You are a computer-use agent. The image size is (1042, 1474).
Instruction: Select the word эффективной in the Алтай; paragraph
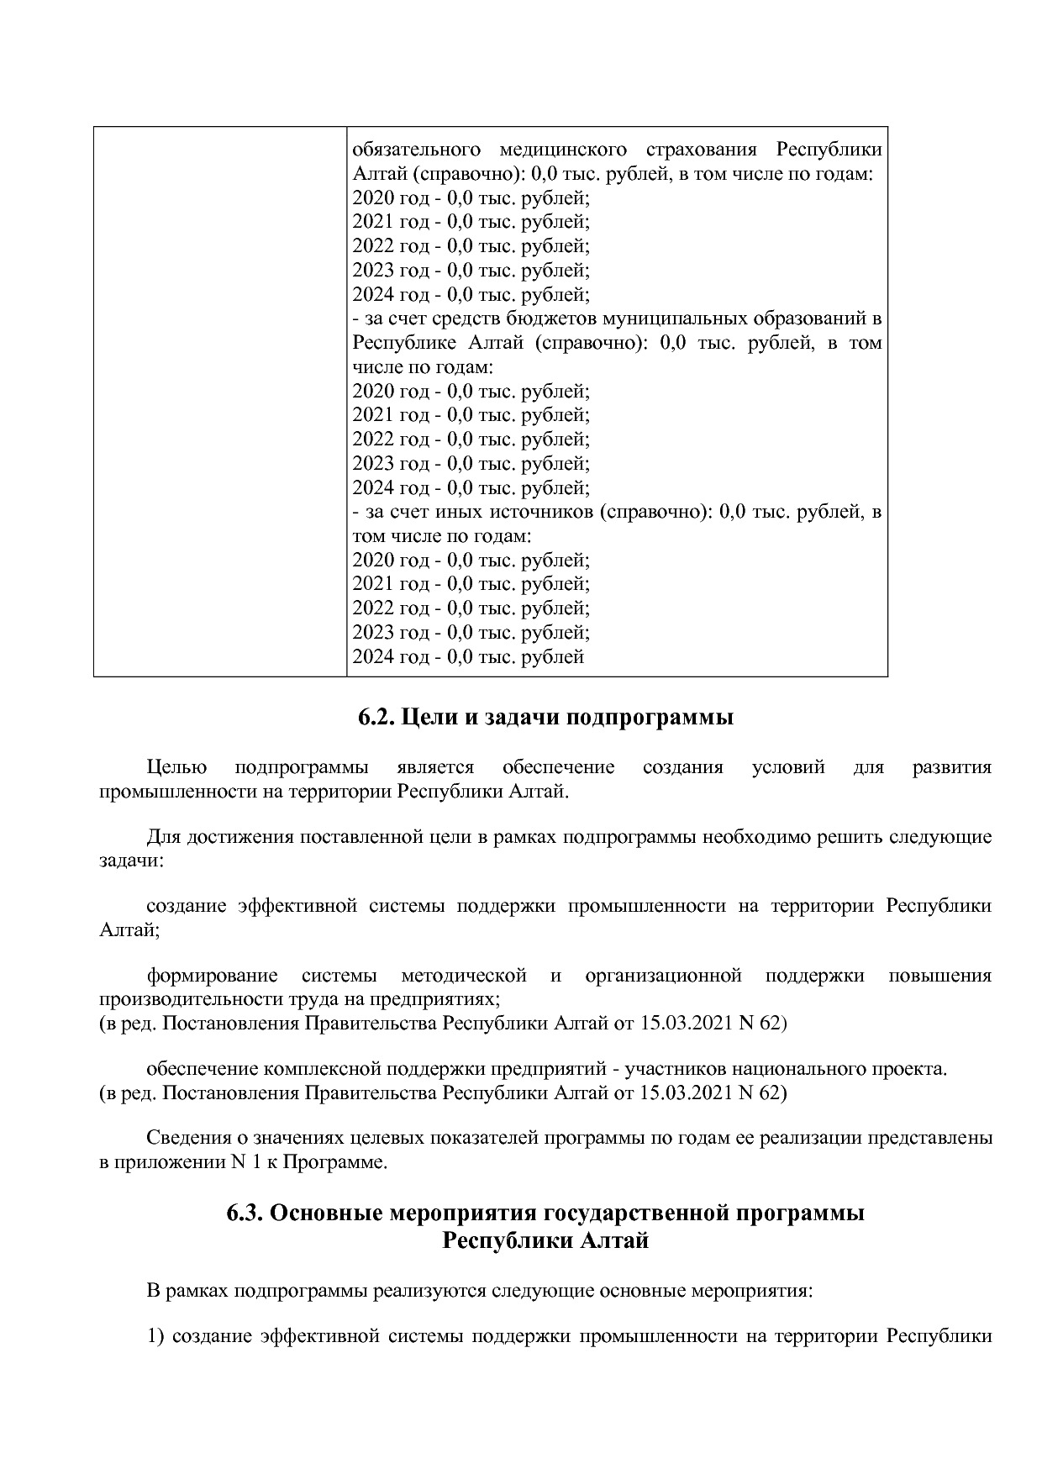click(x=292, y=906)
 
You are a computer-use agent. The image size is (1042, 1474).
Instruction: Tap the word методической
click(x=464, y=976)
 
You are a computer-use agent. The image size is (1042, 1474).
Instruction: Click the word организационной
click(x=663, y=976)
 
